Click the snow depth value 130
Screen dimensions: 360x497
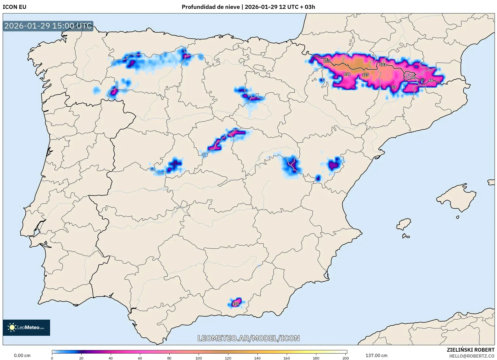point(235,304)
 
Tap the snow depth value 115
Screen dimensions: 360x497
point(327,61)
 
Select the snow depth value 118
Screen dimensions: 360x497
point(347,74)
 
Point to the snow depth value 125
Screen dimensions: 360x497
point(365,75)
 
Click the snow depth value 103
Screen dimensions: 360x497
point(383,65)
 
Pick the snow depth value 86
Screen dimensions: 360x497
point(413,77)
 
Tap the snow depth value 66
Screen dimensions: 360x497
point(431,81)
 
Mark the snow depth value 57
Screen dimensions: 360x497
point(394,87)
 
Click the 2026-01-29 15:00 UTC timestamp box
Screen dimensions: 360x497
point(48,26)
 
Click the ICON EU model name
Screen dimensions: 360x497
point(15,7)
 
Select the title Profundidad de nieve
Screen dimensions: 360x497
point(211,7)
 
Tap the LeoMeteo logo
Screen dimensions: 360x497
point(26,327)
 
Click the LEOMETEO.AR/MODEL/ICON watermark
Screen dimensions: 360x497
point(248,338)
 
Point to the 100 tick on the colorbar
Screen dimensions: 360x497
point(199,358)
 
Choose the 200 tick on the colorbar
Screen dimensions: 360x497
point(345,358)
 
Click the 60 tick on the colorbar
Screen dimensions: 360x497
point(140,358)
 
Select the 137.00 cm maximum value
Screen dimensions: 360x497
point(376,355)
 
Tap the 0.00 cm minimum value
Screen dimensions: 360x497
point(22,355)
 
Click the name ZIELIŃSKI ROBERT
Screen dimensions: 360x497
point(471,350)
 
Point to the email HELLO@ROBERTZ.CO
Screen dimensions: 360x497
point(472,356)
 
